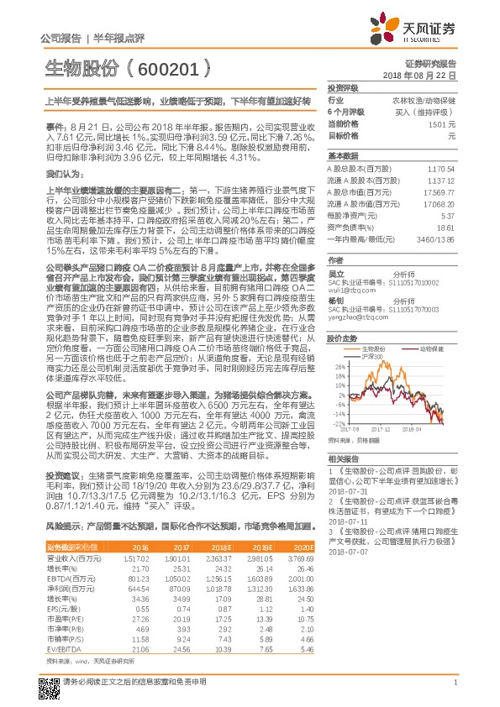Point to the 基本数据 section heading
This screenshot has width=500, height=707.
pos(342,156)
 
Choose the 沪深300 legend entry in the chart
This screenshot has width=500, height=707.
pos(372,356)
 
